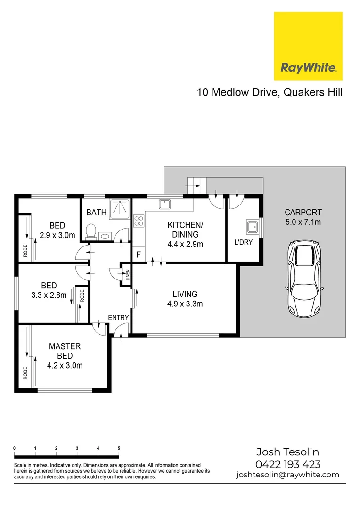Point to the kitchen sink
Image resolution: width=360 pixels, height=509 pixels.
(x=164, y=204)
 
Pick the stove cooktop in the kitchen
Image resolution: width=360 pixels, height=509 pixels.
(x=139, y=221)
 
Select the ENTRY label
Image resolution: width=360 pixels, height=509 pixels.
(x=118, y=318)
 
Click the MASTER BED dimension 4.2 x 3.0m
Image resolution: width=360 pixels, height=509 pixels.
(x=65, y=365)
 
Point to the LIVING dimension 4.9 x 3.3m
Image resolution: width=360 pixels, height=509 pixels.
(x=185, y=304)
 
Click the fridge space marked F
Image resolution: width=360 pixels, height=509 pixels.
(x=139, y=254)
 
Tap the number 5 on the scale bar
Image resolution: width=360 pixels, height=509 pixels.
(x=119, y=448)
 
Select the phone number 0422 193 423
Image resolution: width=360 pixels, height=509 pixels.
(x=287, y=464)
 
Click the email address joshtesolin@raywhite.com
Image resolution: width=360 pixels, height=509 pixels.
(x=287, y=475)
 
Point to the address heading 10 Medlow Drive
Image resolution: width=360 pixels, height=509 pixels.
(x=237, y=92)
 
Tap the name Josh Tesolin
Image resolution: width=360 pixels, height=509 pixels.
(x=287, y=453)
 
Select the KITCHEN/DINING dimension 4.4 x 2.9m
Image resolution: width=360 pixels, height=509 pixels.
(x=186, y=244)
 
